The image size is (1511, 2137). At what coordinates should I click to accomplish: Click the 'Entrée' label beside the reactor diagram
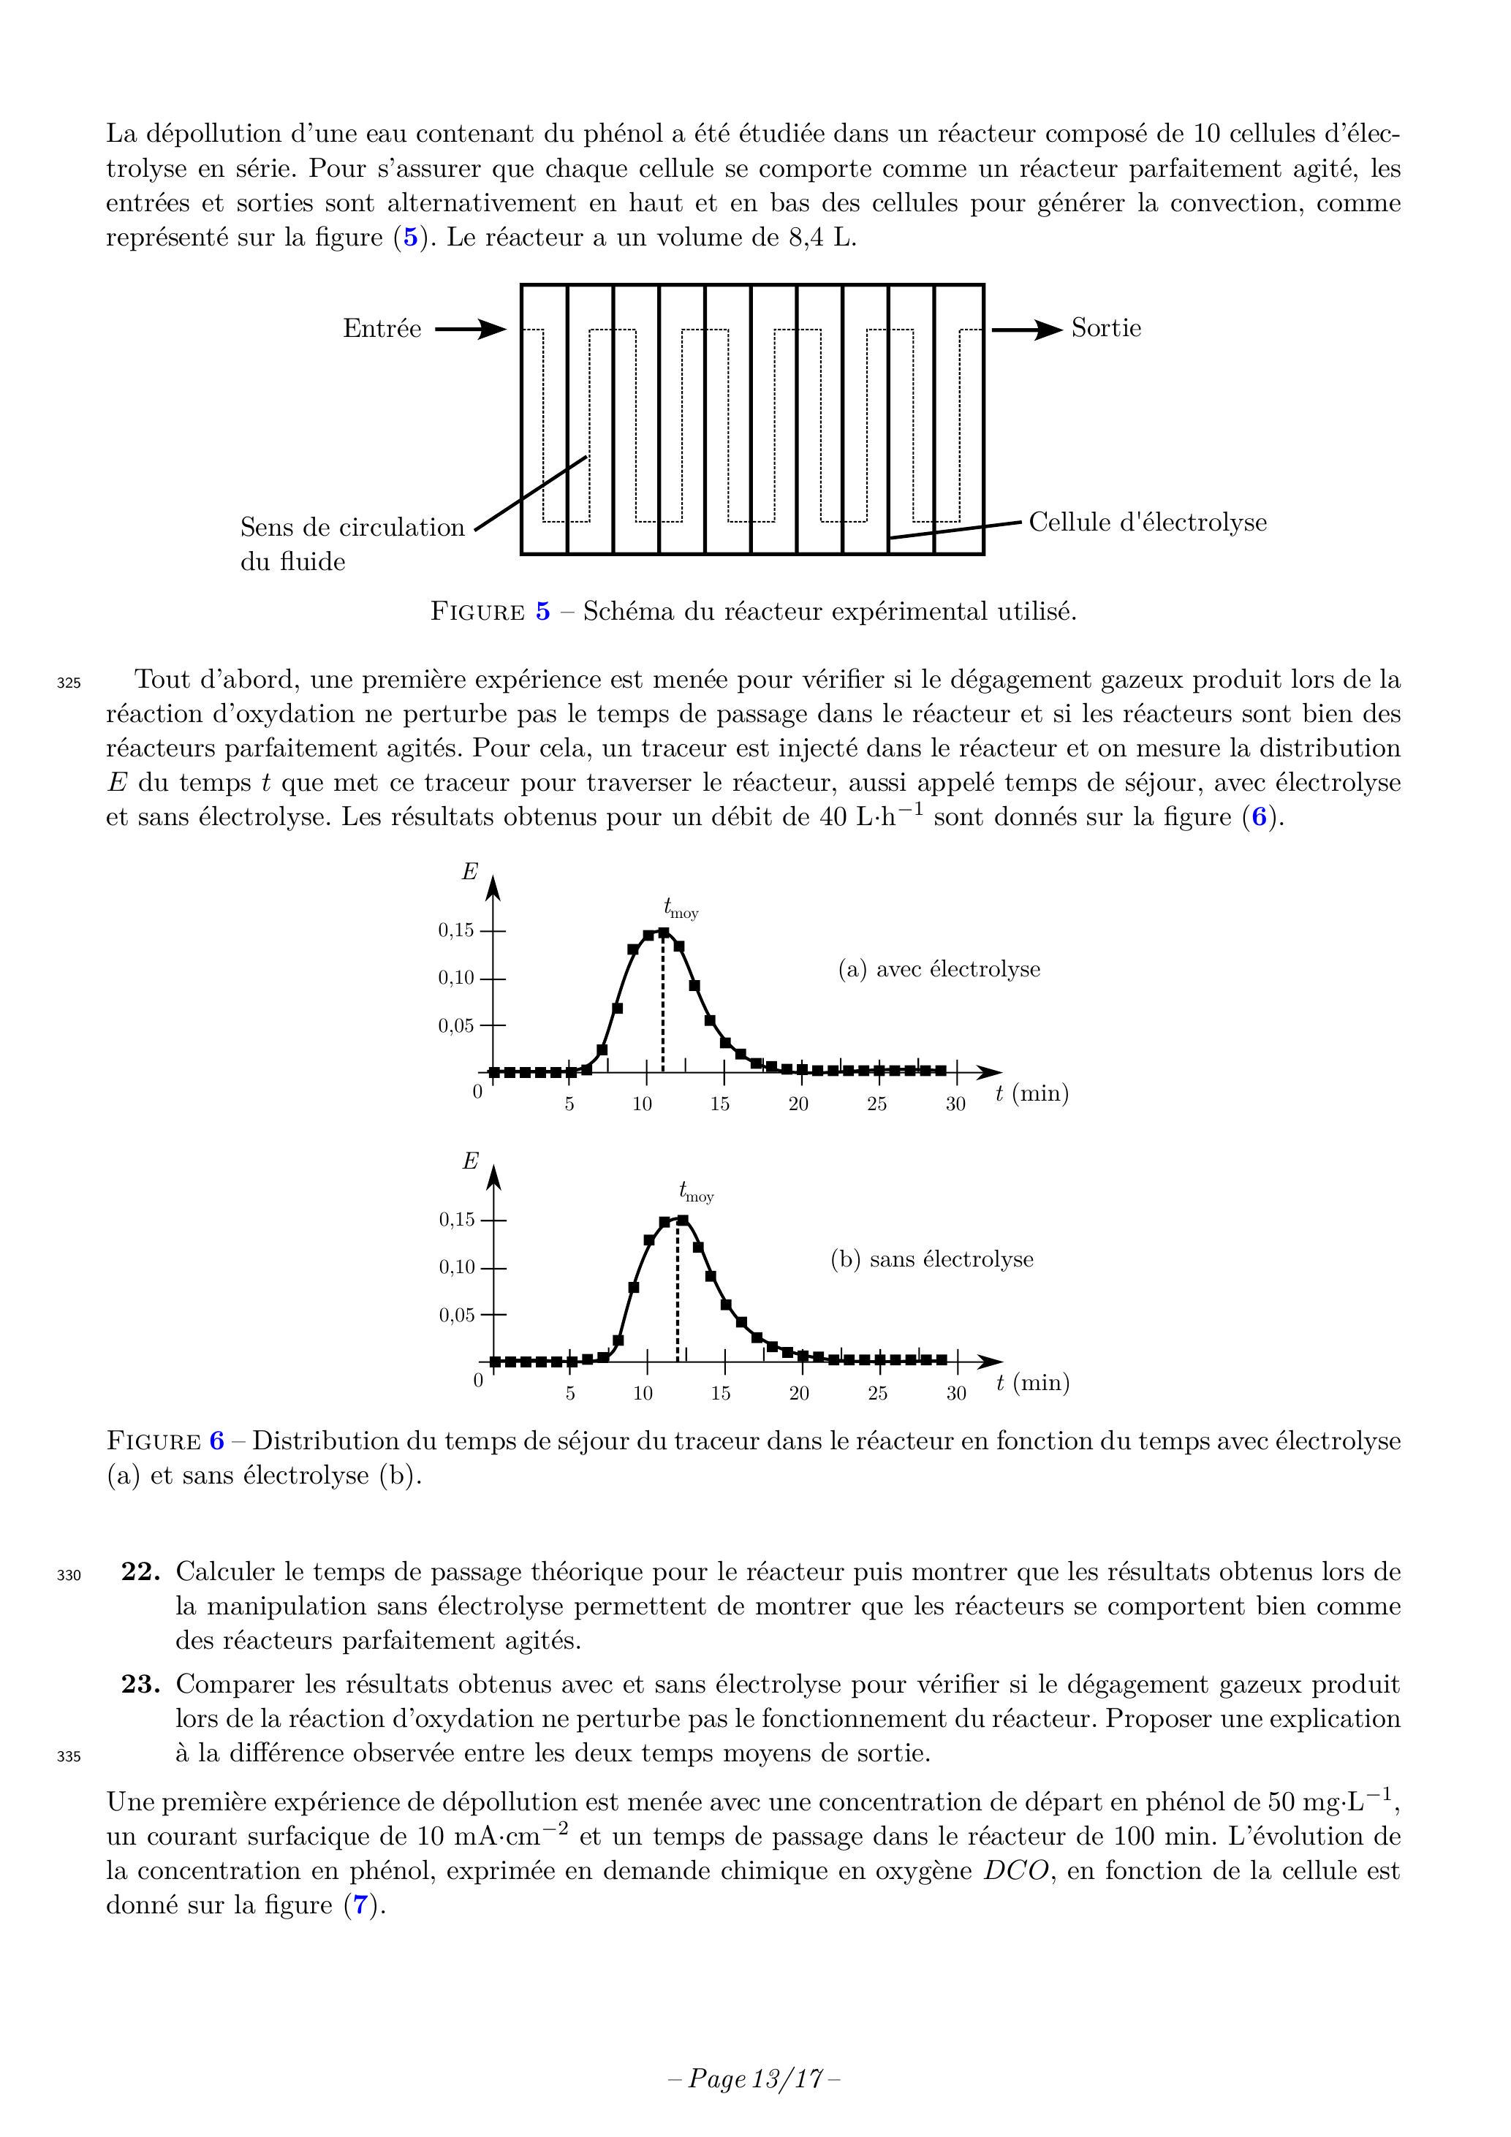tap(382, 329)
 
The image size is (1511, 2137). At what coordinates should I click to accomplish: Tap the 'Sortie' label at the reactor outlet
tap(1105, 327)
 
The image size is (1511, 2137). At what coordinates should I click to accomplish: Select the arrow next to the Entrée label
tap(471, 330)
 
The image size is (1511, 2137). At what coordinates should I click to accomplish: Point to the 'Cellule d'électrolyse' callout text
tap(1147, 522)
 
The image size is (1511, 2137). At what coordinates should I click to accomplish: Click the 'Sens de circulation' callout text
tap(352, 528)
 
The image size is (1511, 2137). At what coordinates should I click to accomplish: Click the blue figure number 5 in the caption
tap(542, 612)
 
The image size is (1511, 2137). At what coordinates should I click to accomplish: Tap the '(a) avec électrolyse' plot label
tap(939, 969)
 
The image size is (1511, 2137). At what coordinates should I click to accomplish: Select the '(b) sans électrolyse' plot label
tap(931, 1259)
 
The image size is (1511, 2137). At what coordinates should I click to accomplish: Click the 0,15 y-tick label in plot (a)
tap(456, 930)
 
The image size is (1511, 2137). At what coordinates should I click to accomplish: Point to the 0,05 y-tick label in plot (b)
tap(456, 1315)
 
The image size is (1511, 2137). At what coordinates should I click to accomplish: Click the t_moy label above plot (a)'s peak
tap(681, 908)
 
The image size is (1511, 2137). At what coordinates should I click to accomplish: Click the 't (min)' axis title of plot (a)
tap(1031, 1093)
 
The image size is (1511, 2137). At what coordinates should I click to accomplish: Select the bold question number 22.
tap(140, 1572)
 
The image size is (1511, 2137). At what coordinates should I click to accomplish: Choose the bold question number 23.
tap(140, 1684)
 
